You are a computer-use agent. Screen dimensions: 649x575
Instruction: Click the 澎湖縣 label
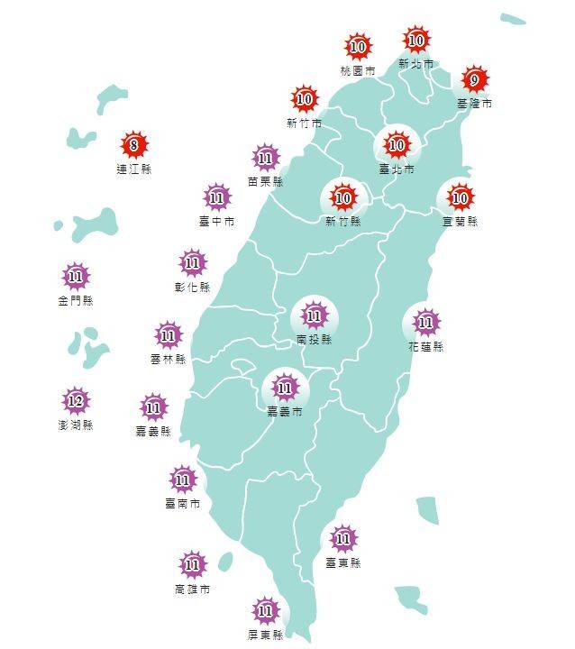(x=76, y=425)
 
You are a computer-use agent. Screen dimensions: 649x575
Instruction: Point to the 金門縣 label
(x=76, y=300)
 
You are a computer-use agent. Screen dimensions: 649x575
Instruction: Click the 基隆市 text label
(x=475, y=105)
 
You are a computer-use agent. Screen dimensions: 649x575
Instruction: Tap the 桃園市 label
(x=359, y=69)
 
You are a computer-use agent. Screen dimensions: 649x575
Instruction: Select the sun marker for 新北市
(x=416, y=41)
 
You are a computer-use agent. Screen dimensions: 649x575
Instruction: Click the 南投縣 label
(x=314, y=340)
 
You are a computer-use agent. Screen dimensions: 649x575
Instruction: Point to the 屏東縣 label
(x=266, y=635)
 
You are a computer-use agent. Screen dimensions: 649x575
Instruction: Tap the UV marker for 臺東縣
(x=342, y=540)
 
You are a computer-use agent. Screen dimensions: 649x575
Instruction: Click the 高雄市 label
(x=192, y=590)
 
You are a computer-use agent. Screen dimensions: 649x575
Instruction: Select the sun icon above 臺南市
(x=183, y=479)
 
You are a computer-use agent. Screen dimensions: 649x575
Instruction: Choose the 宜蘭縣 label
(x=460, y=221)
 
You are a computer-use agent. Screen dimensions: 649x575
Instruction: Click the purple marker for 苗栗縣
(x=265, y=159)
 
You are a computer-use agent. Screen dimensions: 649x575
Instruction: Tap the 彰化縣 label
(x=192, y=288)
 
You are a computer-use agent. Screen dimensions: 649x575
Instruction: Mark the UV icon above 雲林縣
(x=168, y=336)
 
